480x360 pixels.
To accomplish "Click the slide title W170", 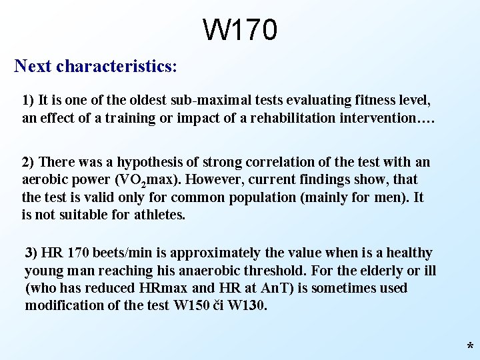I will (240, 30).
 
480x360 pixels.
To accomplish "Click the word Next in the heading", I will (33, 67).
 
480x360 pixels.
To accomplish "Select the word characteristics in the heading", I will (114, 67).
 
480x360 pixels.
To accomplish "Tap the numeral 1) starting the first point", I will (28, 101).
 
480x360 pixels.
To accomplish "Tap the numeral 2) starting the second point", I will (29, 162).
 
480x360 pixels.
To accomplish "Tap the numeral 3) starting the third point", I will (31, 253).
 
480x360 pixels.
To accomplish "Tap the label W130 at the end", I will (246, 305).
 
